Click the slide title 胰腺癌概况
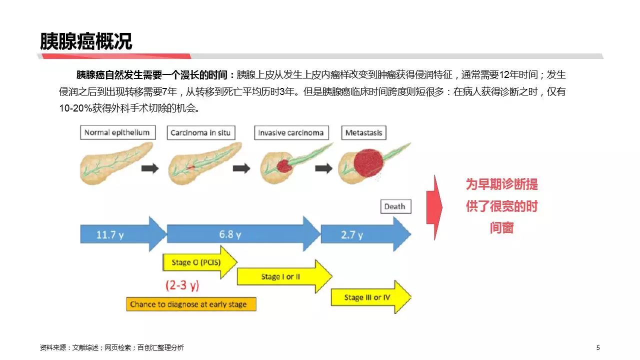(x=85, y=41)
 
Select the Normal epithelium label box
(x=118, y=132)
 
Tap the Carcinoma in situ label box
(x=201, y=133)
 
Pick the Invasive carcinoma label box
(x=291, y=133)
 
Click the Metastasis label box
(x=364, y=133)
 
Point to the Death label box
(x=395, y=206)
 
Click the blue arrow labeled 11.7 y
(x=123, y=234)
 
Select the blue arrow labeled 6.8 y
(x=243, y=234)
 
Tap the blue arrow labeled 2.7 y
(x=366, y=234)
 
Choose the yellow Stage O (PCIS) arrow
(x=200, y=262)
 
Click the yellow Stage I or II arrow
(x=284, y=276)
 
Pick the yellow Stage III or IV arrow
(x=371, y=297)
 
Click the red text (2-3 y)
(x=182, y=285)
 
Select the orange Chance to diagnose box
(x=191, y=304)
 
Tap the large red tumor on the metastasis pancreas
(x=368, y=163)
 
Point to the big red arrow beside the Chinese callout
(x=434, y=207)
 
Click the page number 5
(x=598, y=347)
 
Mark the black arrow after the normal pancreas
(x=150, y=168)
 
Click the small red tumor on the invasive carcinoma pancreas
(x=283, y=166)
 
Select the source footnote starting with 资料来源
(x=111, y=347)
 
